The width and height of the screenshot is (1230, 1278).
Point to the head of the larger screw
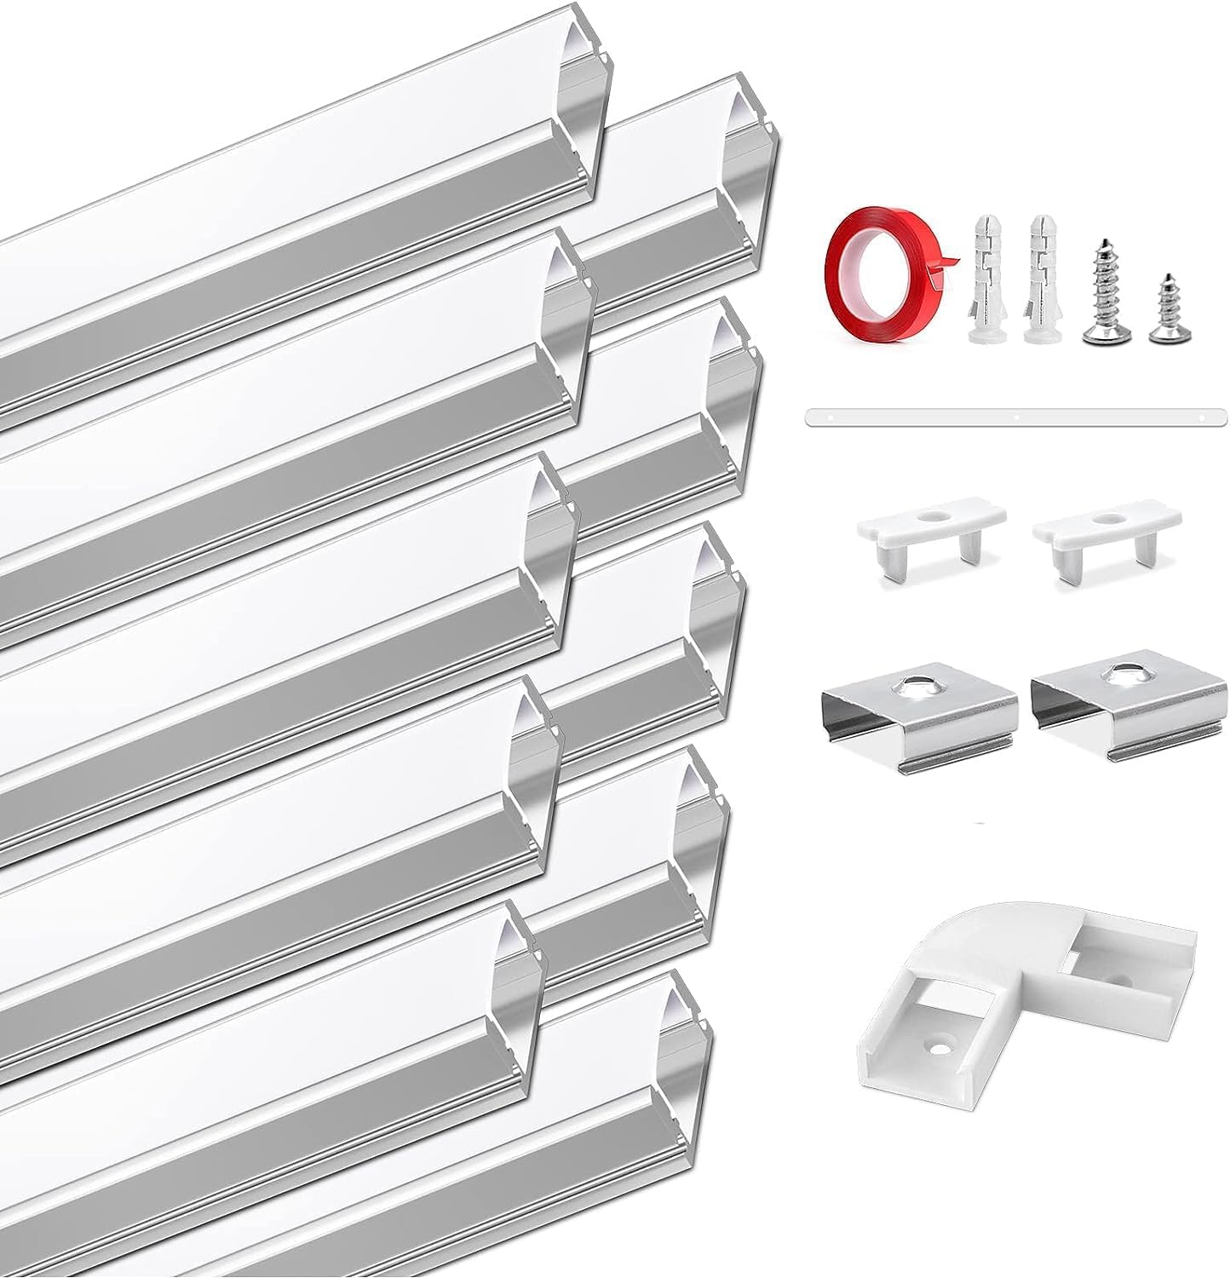[1100, 337]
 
